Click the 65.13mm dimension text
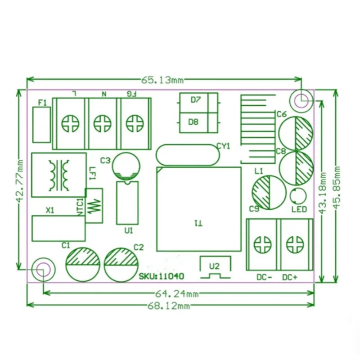(162, 80)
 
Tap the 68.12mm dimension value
(169, 306)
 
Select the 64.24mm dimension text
(177, 294)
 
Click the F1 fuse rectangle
(41, 125)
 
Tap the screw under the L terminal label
(71, 123)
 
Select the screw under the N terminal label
(103, 123)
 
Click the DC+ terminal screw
(295, 244)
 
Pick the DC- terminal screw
(262, 244)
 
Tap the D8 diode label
(193, 122)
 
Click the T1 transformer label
(198, 223)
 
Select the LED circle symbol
(298, 196)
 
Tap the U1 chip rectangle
(127, 203)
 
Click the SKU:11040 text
(162, 276)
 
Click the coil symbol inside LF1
(59, 175)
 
